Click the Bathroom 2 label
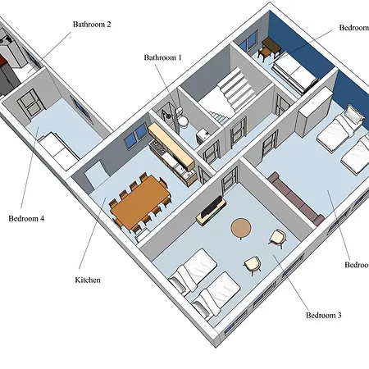(102, 25)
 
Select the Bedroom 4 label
(26, 219)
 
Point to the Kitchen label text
(87, 280)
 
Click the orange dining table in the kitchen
(142, 200)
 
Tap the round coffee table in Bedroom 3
(241, 227)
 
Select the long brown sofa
(296, 199)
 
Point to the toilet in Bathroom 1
(184, 121)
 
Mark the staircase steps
(232, 89)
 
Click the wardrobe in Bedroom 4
(30, 104)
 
